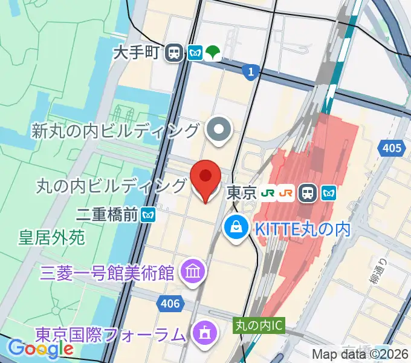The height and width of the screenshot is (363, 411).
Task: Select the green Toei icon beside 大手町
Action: (x=213, y=53)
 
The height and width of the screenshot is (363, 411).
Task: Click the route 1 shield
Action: (x=249, y=72)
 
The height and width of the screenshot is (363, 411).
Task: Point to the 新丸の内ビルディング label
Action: (x=116, y=130)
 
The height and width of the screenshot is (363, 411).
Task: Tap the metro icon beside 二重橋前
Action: (x=148, y=214)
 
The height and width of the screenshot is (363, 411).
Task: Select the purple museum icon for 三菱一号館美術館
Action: (x=194, y=270)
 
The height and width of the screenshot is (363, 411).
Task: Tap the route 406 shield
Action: (x=171, y=303)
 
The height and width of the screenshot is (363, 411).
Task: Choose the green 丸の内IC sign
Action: (x=259, y=325)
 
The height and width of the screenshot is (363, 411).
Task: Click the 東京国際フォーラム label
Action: (x=109, y=333)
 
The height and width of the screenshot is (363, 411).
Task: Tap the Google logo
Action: (x=40, y=349)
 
